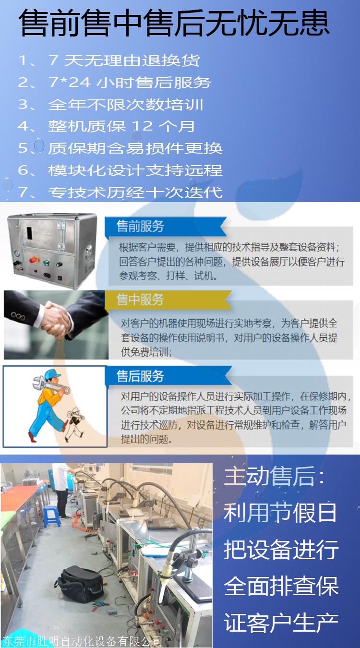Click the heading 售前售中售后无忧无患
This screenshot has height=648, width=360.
[x=174, y=23]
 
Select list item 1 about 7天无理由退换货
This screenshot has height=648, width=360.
[x=109, y=60]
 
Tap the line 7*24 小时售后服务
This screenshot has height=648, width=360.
[x=115, y=83]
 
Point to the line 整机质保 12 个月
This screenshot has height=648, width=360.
[x=106, y=126]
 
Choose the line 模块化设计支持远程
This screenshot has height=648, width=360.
[x=120, y=170]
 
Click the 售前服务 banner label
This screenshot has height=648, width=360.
[x=140, y=226]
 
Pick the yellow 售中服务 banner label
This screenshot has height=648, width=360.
[x=140, y=300]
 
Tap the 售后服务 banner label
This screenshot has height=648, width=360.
[x=140, y=376]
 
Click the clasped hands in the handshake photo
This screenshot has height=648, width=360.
[x=57, y=320]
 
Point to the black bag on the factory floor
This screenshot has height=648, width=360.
[x=79, y=584]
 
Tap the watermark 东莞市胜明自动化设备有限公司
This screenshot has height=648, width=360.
[x=83, y=641]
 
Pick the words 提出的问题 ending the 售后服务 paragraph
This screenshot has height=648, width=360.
[x=144, y=439]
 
